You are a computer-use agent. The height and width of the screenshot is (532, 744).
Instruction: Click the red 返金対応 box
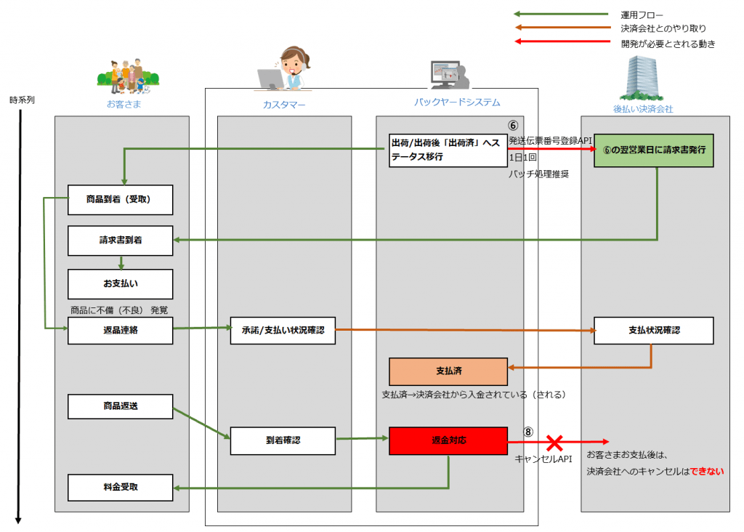point(448,441)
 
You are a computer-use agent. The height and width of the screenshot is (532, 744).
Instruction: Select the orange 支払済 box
point(448,371)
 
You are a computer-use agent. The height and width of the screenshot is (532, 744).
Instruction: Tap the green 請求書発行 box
point(654,150)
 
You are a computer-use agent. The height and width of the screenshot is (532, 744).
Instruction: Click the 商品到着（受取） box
point(120,200)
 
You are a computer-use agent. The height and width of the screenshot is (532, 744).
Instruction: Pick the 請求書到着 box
point(120,241)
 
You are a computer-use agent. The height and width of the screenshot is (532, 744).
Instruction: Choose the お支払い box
point(120,283)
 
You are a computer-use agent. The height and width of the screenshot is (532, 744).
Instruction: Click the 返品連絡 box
point(120,330)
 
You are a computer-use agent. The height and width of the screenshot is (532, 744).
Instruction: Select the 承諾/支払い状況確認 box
point(283,330)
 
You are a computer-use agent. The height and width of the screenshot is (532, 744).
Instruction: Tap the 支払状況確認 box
point(654,330)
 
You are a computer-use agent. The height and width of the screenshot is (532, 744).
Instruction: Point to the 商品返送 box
point(120,406)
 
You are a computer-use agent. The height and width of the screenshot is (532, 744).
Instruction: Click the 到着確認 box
point(283,441)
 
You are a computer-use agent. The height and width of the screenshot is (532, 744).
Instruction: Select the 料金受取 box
point(120,488)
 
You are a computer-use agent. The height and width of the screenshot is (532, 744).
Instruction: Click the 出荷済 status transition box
point(448,150)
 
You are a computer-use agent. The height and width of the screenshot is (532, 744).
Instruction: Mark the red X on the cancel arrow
point(554,443)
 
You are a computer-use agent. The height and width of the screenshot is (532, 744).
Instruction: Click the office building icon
point(642,78)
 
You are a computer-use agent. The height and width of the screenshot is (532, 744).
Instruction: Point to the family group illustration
point(128,77)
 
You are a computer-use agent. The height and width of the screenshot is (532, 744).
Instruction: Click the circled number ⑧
point(528,432)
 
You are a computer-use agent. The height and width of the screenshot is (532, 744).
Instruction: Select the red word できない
point(707,471)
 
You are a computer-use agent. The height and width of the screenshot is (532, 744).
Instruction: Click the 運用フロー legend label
point(642,15)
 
